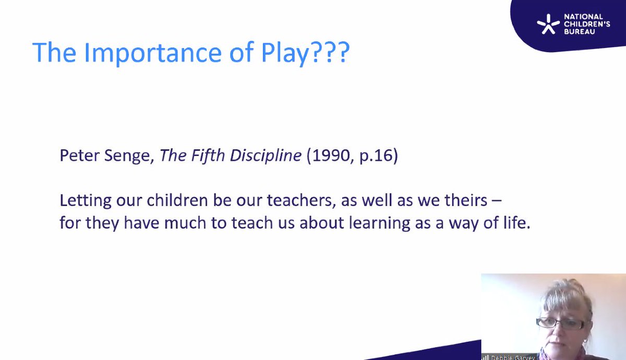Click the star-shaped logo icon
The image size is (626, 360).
(548, 24)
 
